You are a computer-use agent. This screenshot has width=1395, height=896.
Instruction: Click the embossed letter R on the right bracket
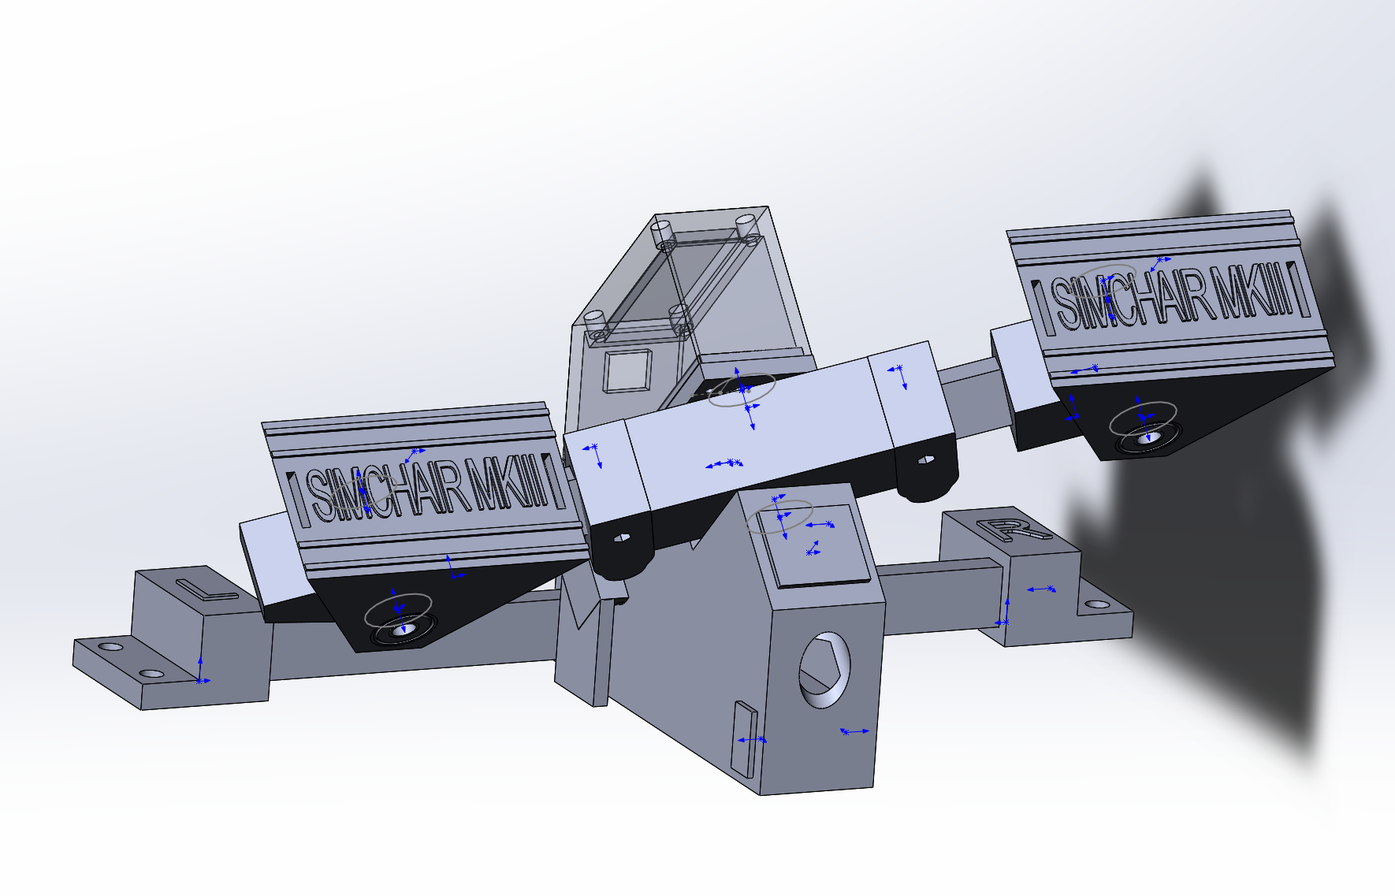[1012, 529]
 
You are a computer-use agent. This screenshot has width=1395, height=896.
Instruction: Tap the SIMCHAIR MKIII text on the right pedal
[1173, 296]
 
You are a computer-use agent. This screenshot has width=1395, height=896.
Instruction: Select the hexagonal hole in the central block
[824, 669]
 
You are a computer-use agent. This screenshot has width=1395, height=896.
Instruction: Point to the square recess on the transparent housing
[627, 370]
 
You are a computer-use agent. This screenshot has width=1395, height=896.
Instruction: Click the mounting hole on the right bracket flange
[1097, 604]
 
